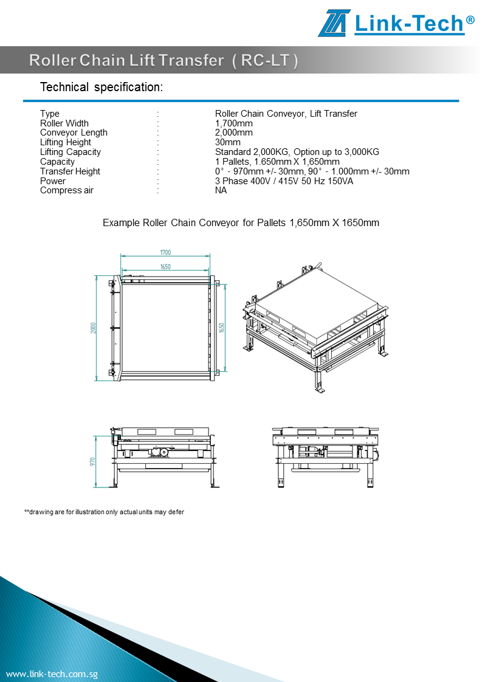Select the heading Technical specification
click(102, 87)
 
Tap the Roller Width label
click(64, 123)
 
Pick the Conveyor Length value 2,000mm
click(234, 133)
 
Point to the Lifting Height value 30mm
click(228, 142)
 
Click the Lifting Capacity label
click(71, 152)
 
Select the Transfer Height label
click(70, 171)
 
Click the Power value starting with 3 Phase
click(284, 181)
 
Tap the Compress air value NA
click(221, 190)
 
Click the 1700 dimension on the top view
click(165, 252)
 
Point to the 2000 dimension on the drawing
click(94, 328)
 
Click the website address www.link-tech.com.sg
click(52, 674)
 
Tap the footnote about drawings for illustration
click(104, 512)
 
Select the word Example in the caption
click(121, 222)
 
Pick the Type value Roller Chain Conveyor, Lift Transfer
click(286, 114)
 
